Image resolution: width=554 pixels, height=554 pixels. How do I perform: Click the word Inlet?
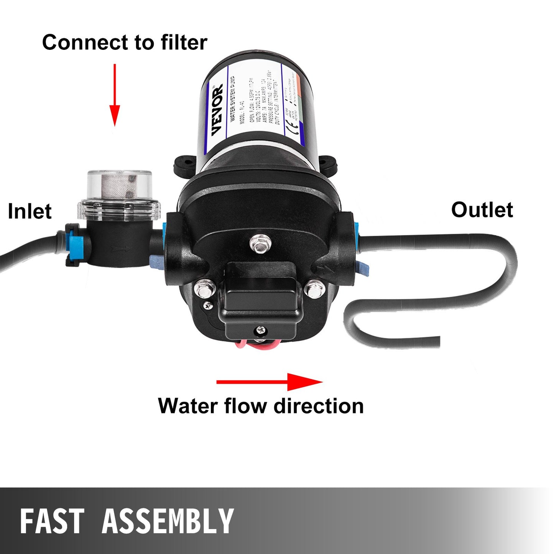coord(30,211)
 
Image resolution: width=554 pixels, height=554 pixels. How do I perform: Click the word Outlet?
coord(482,210)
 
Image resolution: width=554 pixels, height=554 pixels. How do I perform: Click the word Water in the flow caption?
coord(188,406)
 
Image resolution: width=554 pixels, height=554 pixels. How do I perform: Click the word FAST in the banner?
coord(52,521)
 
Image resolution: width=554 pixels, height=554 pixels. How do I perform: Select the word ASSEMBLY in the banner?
coord(168,521)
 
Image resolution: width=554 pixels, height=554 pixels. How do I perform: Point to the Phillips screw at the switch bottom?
coord(260,330)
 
